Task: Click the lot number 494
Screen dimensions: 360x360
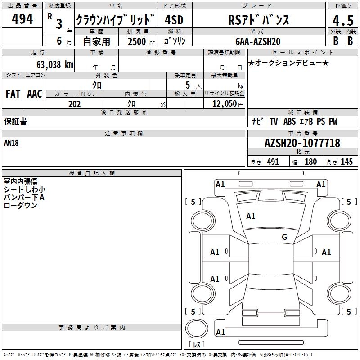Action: coord(22,19)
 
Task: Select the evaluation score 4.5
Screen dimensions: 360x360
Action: coord(342,21)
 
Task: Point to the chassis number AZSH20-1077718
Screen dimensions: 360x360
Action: coord(302,144)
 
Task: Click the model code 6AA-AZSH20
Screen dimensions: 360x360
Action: coord(258,41)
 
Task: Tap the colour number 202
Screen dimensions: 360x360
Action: coord(74,104)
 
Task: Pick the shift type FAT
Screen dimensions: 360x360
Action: coord(13,94)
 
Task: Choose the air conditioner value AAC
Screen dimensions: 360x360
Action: coord(35,94)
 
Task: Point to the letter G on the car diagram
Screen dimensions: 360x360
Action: coord(284,237)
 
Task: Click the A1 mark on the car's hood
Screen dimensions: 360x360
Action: coord(251,216)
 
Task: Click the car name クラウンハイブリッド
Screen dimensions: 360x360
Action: coord(116,20)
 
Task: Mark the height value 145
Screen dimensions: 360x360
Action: coord(346,162)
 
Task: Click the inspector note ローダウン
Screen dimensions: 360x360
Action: coord(20,205)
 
